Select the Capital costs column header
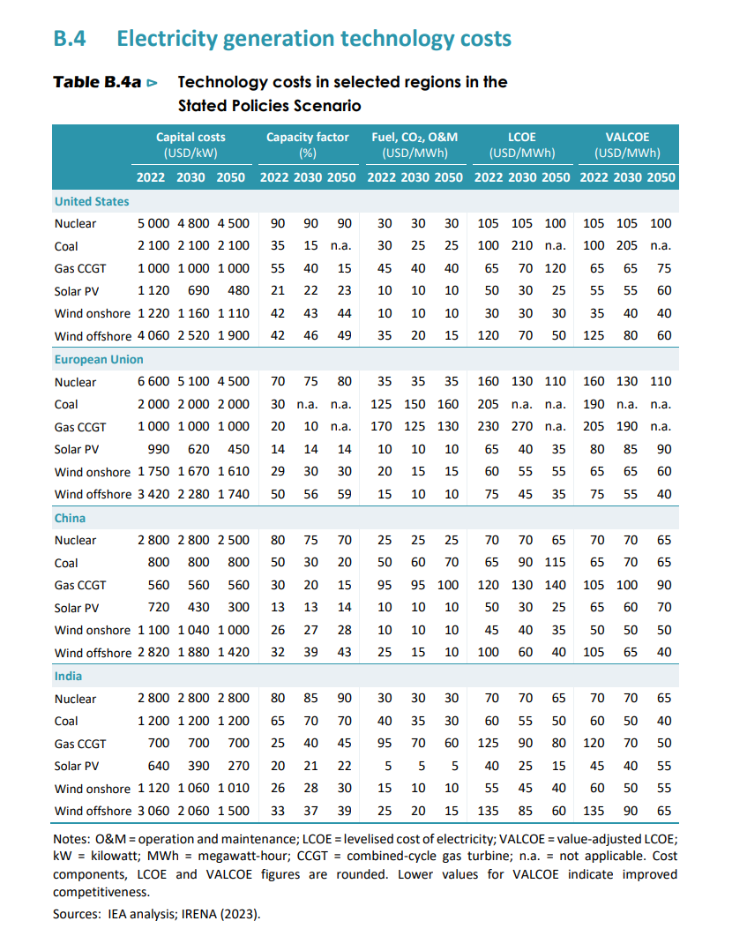pos(190,144)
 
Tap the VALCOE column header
pos(627,144)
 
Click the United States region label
pos(92,201)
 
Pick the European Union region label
pos(99,360)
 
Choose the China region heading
pos(70,518)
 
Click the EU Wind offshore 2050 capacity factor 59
pos(344,494)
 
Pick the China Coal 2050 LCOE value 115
pos(555,562)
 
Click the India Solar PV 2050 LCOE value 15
pos(558,744)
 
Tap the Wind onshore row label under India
pos(92,789)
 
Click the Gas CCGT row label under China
pos(79,585)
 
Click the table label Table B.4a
pos(97,82)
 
